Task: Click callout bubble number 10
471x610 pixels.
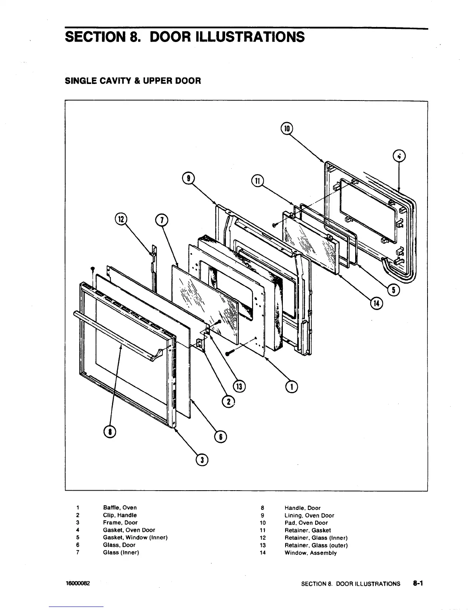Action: [x=287, y=128]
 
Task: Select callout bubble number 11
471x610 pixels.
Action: [x=257, y=180]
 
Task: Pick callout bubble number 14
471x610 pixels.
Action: [x=375, y=303]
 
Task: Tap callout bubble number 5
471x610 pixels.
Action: [x=393, y=290]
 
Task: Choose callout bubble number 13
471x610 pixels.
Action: [x=240, y=386]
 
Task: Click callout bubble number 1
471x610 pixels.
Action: [x=292, y=387]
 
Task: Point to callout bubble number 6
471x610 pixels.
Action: [x=221, y=437]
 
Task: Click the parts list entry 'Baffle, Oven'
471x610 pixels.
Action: [x=120, y=508]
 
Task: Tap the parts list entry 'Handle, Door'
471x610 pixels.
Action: [x=302, y=508]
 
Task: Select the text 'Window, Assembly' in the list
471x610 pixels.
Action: [x=311, y=553]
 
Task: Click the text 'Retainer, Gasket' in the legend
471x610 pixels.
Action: [x=307, y=530]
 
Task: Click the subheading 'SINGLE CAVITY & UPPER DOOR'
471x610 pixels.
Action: [x=133, y=81]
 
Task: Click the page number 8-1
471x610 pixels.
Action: [x=418, y=583]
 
